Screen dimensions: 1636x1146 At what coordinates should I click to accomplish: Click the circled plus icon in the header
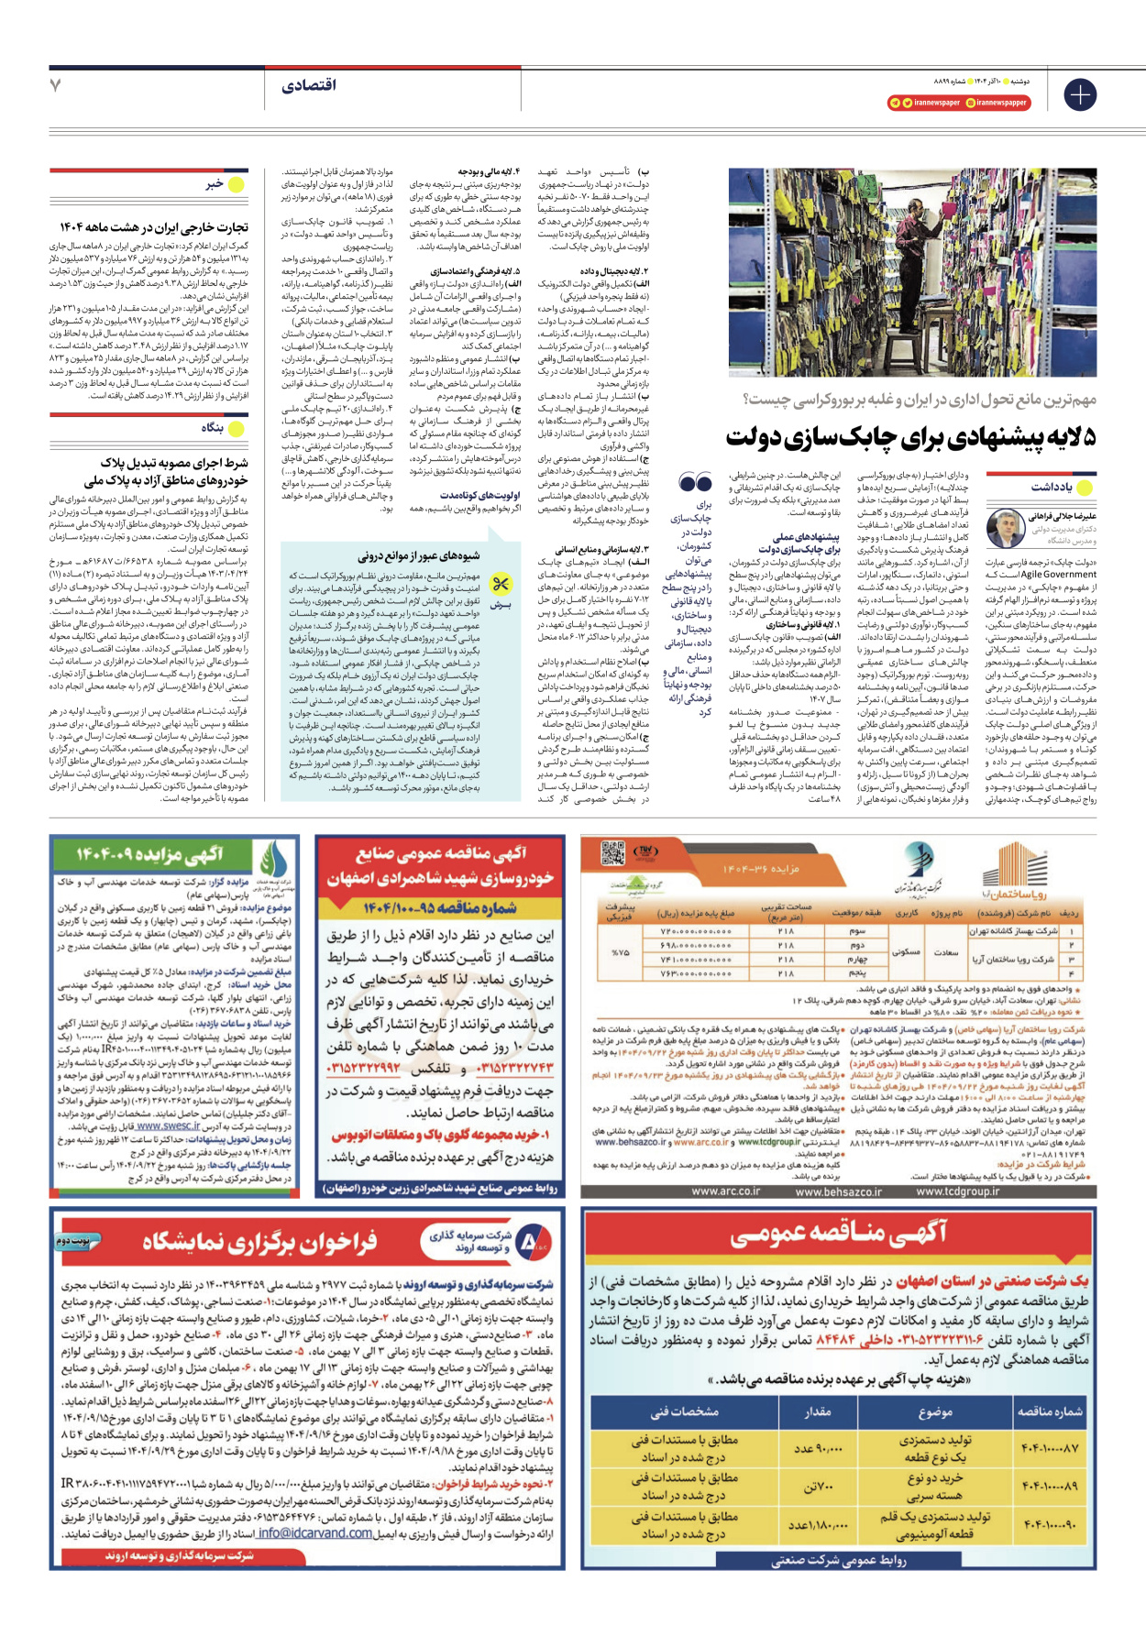[1080, 94]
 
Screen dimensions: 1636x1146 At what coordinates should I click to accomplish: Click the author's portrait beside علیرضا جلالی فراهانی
[1005, 529]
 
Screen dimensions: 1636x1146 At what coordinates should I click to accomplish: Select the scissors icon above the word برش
[500, 584]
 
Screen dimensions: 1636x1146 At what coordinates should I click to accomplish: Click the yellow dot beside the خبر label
[237, 184]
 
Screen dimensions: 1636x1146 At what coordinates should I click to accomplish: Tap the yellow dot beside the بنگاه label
[237, 428]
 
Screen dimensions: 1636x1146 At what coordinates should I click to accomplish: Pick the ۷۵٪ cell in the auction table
[620, 952]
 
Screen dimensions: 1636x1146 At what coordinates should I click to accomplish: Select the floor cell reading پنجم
[857, 974]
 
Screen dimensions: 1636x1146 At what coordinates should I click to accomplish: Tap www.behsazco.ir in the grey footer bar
[838, 1191]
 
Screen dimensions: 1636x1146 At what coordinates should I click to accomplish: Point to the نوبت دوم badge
[76, 1241]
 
